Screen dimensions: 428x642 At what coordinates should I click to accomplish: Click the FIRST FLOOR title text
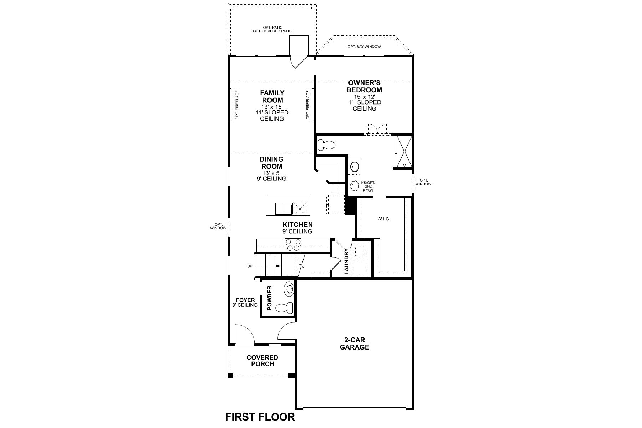[x=260, y=417]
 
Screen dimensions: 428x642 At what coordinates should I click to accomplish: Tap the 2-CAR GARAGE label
[x=354, y=343]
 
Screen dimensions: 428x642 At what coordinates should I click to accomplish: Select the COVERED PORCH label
[x=262, y=361]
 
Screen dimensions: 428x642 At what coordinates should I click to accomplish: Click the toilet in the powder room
[x=285, y=307]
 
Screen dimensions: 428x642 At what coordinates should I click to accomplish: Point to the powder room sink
[x=289, y=289]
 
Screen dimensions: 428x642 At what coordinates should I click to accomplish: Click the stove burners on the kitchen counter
[x=293, y=245]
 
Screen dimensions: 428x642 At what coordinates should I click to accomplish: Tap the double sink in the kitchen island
[x=284, y=209]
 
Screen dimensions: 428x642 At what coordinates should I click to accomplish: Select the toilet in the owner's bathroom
[x=326, y=145]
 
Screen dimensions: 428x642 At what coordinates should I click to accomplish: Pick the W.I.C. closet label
[x=384, y=219]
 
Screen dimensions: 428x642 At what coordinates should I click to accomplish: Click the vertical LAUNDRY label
[x=346, y=261]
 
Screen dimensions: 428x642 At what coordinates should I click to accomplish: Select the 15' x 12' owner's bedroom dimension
[x=365, y=96]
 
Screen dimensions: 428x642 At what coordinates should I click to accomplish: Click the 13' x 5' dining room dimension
[x=271, y=173]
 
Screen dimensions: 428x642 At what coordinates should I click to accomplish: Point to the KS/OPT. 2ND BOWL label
[x=368, y=187]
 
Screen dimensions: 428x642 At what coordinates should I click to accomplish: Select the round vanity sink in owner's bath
[x=355, y=166]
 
